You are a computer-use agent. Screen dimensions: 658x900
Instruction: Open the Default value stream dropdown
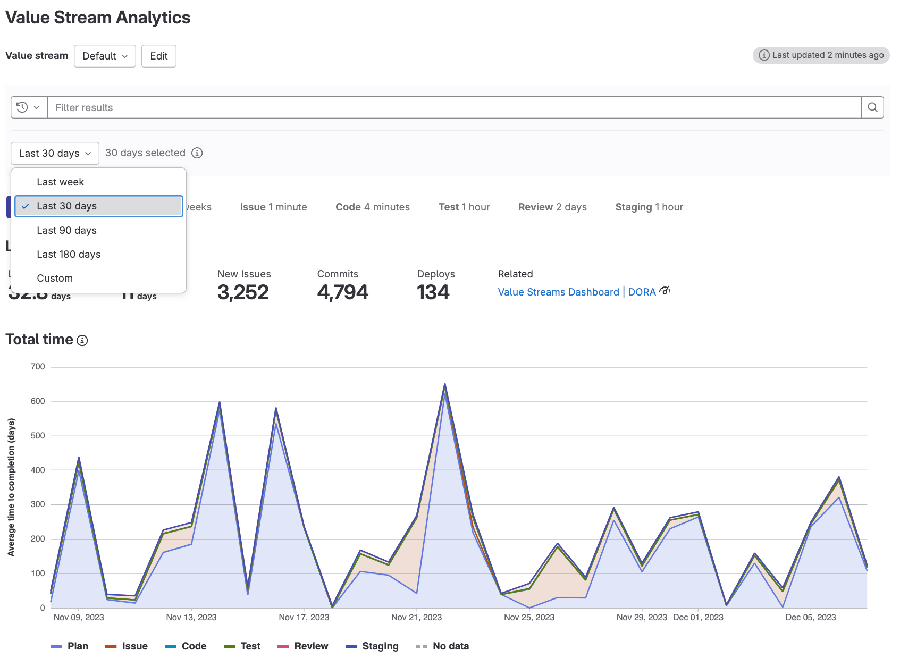[105, 56]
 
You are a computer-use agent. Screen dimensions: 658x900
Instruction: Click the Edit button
[158, 56]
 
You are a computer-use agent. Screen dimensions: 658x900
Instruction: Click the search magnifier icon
[872, 107]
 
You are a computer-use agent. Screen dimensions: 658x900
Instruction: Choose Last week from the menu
[61, 182]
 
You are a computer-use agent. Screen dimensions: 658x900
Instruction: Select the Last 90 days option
[66, 230]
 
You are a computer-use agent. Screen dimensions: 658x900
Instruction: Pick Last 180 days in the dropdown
[69, 254]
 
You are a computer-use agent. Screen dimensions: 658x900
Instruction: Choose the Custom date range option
[55, 278]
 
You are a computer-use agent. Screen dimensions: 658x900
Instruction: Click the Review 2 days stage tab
[552, 207]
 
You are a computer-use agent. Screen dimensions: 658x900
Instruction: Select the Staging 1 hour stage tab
[649, 207]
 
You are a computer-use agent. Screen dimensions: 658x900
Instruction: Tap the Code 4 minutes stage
[372, 207]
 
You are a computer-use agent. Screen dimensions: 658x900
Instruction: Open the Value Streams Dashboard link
[558, 292]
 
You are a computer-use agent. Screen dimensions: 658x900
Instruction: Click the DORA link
[642, 292]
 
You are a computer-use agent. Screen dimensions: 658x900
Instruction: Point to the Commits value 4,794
[342, 292]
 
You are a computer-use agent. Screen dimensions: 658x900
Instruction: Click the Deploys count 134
[433, 292]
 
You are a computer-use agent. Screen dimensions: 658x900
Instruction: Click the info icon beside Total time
[82, 340]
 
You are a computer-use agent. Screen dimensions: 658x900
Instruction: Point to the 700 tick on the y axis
[38, 367]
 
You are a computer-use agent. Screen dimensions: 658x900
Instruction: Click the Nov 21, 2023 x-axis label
[416, 617]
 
